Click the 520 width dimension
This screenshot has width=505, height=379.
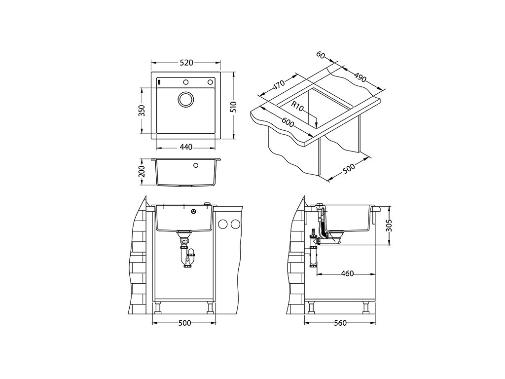click(x=186, y=63)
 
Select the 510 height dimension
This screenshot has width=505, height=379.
click(x=234, y=107)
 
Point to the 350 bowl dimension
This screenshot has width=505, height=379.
click(x=141, y=111)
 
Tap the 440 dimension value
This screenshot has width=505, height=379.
click(x=186, y=147)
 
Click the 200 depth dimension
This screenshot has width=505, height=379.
click(x=141, y=172)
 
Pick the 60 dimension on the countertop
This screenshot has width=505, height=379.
click(x=321, y=56)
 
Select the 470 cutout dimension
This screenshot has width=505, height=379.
click(x=279, y=85)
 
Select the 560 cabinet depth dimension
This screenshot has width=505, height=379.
click(x=340, y=323)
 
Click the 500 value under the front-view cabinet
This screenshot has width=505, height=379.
click(x=184, y=323)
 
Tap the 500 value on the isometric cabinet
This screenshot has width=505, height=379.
click(x=349, y=168)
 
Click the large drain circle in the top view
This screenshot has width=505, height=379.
click(x=186, y=99)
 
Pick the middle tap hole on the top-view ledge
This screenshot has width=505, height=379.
click(x=186, y=82)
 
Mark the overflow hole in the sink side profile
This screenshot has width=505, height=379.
click(x=196, y=165)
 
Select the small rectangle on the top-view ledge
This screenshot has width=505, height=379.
click(x=159, y=81)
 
